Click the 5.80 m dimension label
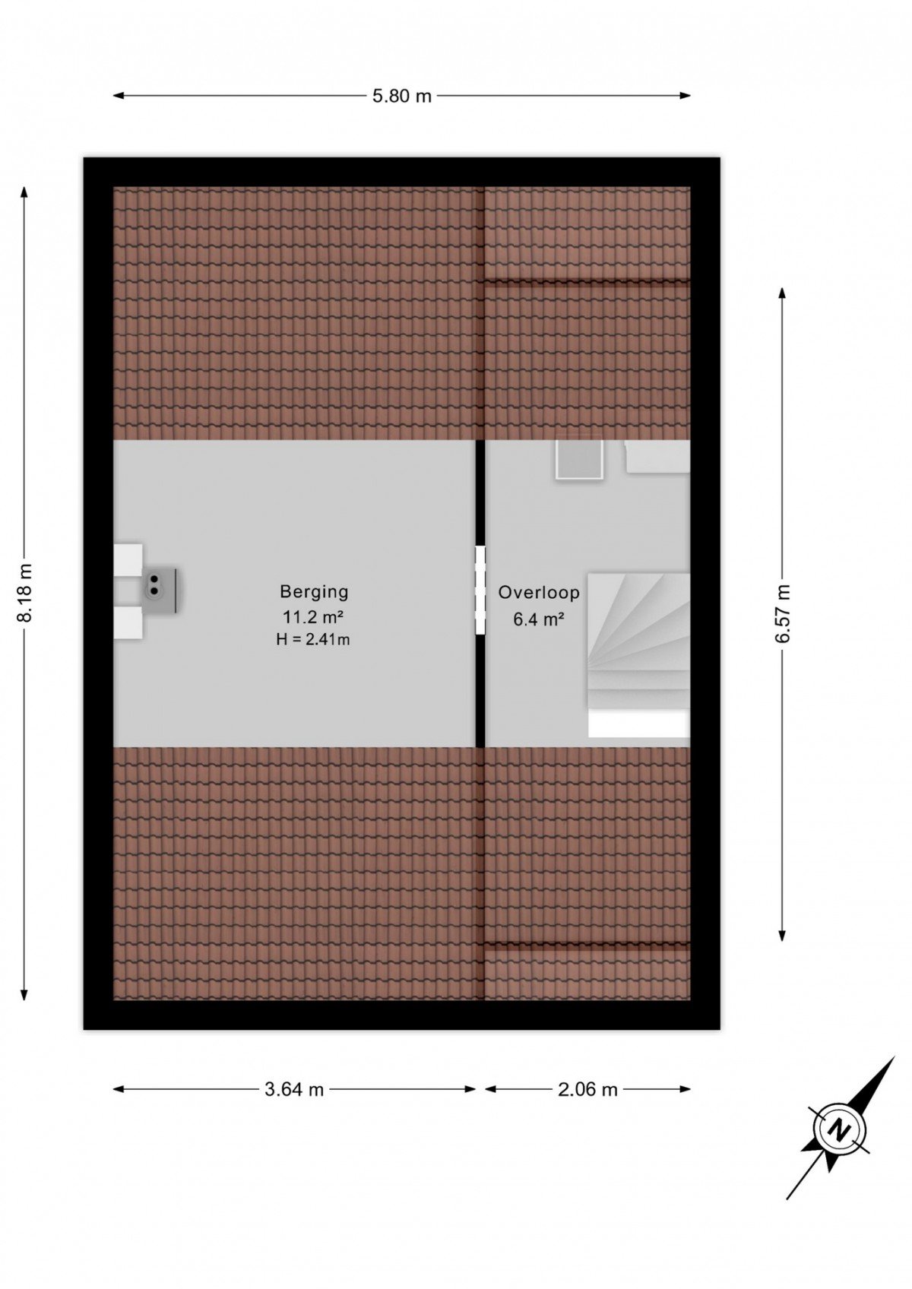pos(401,96)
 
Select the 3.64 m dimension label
pos(294,1089)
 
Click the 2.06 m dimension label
pos(587,1089)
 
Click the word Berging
pos(314,591)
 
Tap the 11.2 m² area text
pos(313,617)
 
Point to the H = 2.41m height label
pos(313,639)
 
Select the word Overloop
pos(539,592)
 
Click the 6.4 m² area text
pos(539,619)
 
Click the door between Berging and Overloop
pos(480,590)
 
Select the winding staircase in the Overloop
pos(638,640)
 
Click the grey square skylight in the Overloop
pos(579,459)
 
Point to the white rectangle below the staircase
pos(638,724)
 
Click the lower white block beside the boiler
pos(128,622)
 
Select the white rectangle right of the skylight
pos(657,456)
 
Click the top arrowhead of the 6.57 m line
pos(782,293)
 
